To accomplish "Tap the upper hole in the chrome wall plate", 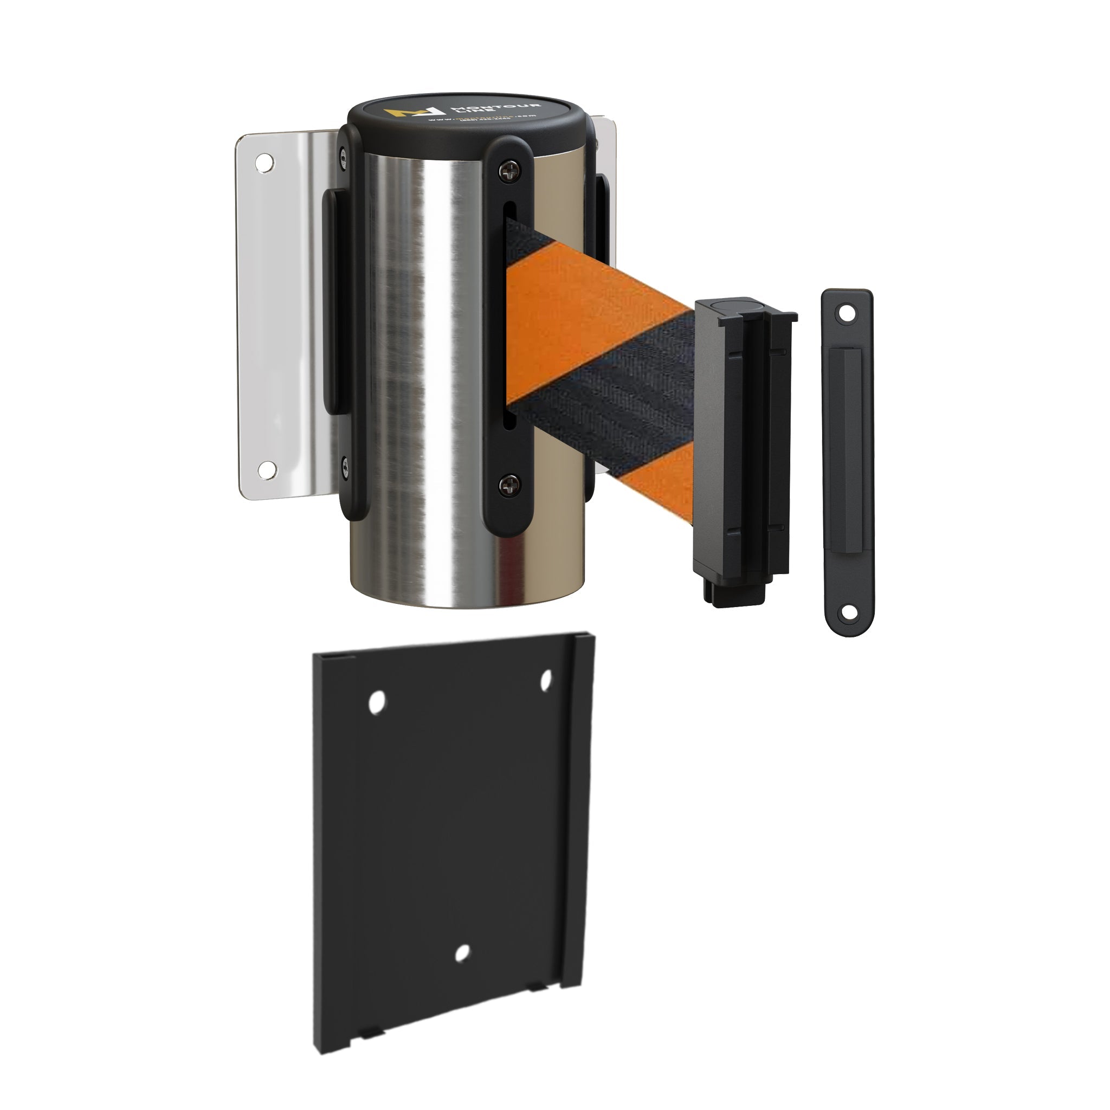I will pos(266,163).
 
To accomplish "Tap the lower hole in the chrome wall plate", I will pos(266,469).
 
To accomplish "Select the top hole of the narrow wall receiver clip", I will pos(846,313).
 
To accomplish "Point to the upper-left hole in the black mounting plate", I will pos(376,702).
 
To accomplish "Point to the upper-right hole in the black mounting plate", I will pos(546,680).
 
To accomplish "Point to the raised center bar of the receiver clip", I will pos(847,460).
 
